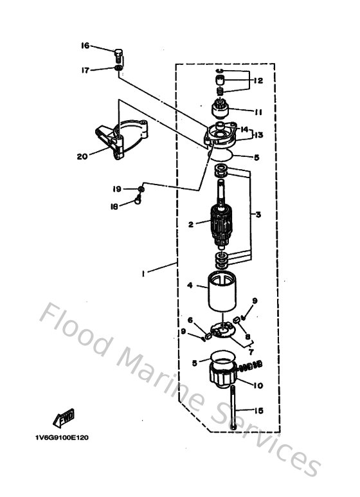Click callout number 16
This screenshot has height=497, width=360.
click(x=85, y=46)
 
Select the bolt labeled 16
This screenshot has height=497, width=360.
click(x=118, y=53)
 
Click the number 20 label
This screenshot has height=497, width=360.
click(x=81, y=156)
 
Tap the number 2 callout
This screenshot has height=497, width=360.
click(x=191, y=224)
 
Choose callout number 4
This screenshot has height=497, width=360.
click(x=190, y=285)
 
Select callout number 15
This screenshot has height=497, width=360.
click(x=258, y=411)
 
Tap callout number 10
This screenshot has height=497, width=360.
click(x=258, y=385)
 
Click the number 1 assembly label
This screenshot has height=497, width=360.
click(x=144, y=273)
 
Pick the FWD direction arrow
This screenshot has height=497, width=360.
click(x=65, y=419)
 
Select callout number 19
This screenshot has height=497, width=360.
click(x=117, y=189)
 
